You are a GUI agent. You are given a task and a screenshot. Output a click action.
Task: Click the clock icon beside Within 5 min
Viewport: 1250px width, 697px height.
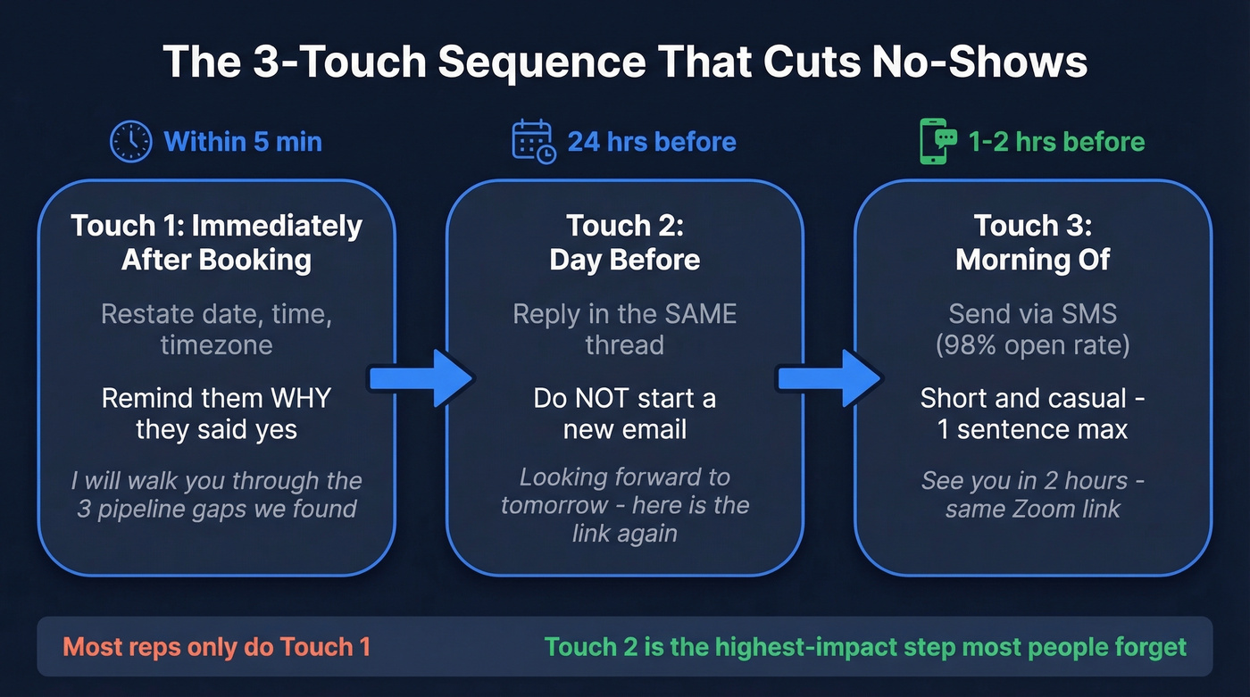click(x=131, y=142)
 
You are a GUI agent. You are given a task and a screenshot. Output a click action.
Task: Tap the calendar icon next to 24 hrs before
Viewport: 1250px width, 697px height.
click(x=533, y=142)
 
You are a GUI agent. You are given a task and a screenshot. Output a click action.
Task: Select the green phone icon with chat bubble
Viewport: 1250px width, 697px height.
click(x=937, y=142)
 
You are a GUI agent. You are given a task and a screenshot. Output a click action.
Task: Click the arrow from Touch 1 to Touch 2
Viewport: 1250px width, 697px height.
click(x=421, y=378)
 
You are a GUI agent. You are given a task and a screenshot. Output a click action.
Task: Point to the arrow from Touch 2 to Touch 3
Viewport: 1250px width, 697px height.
click(x=829, y=378)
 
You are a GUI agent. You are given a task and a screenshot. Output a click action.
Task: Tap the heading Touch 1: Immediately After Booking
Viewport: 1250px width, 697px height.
click(x=216, y=242)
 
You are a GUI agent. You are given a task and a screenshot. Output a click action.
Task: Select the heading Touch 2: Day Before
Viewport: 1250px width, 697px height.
click(x=624, y=242)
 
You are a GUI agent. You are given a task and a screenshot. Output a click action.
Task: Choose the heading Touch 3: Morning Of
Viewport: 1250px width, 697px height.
click(x=1033, y=242)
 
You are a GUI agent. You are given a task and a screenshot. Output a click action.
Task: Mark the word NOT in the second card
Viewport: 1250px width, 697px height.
click(x=612, y=398)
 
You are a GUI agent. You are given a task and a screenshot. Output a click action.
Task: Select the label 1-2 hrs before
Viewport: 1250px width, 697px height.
click(x=1056, y=142)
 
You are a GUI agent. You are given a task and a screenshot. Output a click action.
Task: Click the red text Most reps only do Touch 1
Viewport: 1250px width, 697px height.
click(x=216, y=646)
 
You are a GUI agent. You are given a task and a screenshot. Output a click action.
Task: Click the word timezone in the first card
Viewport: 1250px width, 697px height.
click(x=216, y=344)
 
